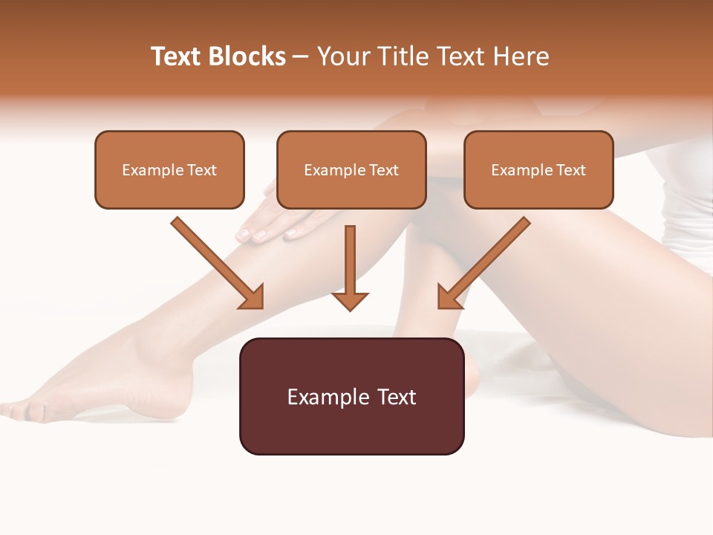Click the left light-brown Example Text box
169,170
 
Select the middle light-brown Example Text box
351,170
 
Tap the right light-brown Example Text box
538,170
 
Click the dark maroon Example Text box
351,397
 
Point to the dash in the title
302,56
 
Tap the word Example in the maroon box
327,397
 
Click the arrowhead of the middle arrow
350,301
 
